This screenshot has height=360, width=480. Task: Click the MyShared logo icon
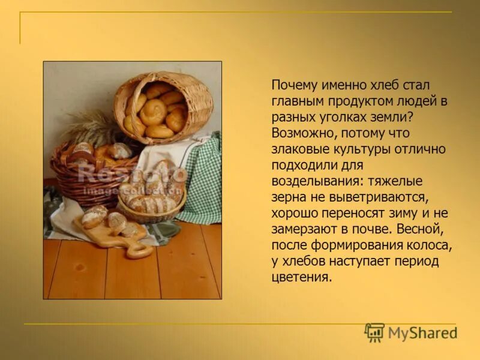tap(374, 332)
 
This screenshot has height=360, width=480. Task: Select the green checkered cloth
tap(204, 180)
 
